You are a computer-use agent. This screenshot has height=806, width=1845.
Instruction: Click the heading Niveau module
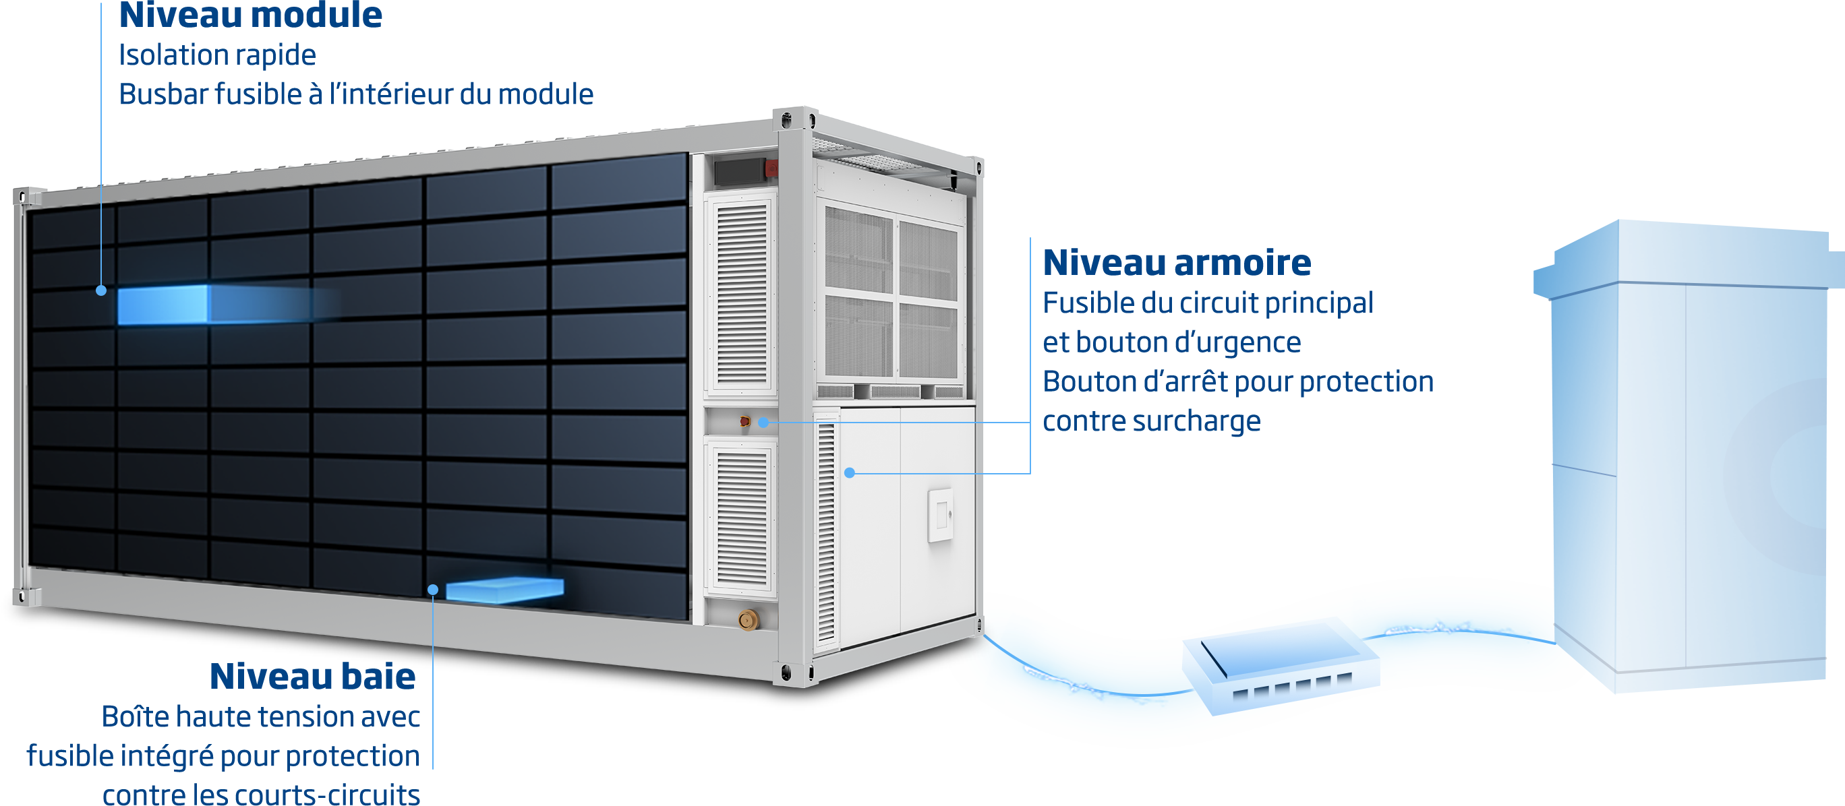250,15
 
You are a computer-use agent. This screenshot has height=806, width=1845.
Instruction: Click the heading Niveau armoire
1176,263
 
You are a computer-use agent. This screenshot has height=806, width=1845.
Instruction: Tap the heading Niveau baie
312,677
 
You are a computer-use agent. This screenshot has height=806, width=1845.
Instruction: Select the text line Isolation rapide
217,55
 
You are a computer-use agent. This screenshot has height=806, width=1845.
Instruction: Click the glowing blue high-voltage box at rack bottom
504,589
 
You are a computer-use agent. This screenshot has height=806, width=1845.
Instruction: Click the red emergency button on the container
745,422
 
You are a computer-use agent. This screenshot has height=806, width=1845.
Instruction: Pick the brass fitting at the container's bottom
748,619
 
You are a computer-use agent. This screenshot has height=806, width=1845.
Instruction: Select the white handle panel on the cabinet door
939,516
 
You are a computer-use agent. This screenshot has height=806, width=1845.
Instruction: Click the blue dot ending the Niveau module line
101,290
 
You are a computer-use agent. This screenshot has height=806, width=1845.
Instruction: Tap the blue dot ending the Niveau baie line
433,589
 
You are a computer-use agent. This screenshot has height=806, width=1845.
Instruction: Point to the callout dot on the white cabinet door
849,472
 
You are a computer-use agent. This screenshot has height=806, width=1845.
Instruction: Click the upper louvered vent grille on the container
742,293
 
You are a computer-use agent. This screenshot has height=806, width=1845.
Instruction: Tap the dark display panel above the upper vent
738,171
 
